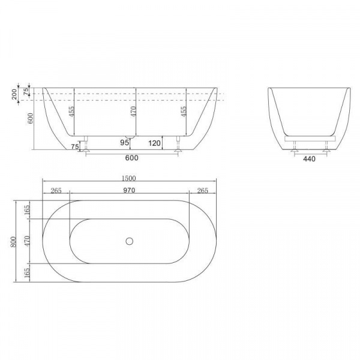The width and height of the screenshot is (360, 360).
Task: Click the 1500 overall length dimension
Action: (129, 178)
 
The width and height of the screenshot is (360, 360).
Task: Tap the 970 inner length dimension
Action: (129, 190)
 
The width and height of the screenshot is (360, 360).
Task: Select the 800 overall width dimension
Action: (13, 242)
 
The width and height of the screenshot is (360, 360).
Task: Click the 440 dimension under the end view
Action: (309, 158)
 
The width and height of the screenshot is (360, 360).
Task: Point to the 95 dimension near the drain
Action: (124, 143)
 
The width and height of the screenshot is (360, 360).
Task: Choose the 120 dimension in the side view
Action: (154, 143)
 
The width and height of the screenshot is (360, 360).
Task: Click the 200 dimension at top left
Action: (14, 94)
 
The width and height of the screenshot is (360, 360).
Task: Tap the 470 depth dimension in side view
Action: (133, 112)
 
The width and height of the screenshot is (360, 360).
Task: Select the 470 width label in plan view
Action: (27, 241)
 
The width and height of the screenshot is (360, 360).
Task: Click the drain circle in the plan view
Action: (130, 241)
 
